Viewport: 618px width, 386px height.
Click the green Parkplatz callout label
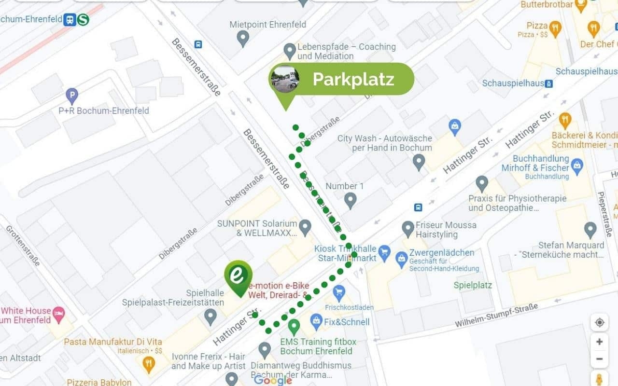point(353,79)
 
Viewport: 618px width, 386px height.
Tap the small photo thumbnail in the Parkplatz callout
point(285,79)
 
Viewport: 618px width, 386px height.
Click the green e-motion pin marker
point(238,276)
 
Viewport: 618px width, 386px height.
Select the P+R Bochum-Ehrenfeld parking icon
point(72,95)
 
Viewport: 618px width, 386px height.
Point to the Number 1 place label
point(345,186)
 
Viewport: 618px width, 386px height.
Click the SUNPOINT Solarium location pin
point(305,226)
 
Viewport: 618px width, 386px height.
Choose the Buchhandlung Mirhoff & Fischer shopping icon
point(577,166)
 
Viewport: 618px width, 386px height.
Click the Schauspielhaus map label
point(513,83)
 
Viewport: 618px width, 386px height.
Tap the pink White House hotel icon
point(58,312)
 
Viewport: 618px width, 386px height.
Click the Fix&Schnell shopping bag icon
point(316,320)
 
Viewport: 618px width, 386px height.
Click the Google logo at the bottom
point(273,380)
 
